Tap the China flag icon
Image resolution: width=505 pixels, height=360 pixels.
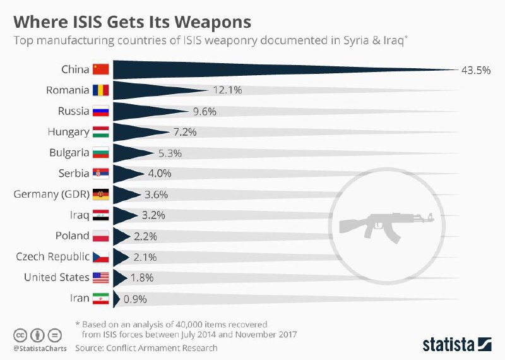[101, 69]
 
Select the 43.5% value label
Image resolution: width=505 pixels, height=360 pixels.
[476, 70]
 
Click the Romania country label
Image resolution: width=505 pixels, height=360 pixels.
[68, 90]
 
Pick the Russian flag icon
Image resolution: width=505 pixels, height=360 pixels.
[101, 111]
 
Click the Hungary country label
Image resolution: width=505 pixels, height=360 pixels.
[68, 132]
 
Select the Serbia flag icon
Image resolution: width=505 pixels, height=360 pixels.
[101, 173]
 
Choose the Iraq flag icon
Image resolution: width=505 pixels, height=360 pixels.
[101, 215]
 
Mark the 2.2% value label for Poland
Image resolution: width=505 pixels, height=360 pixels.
[145, 236]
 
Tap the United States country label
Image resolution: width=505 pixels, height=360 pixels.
[57, 277]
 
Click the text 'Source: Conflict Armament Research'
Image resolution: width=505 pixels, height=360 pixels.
[146, 347]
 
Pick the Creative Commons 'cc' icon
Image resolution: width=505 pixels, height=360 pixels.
[20, 335]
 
